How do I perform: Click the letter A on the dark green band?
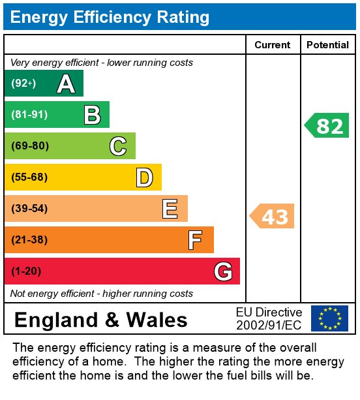pyautogui.click(x=66, y=84)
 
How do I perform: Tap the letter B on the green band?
pyautogui.click(x=92, y=115)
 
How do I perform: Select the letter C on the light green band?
pyautogui.click(x=118, y=146)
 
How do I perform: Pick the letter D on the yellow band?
pyautogui.click(x=144, y=177)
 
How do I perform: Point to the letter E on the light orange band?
pyautogui.click(x=170, y=209)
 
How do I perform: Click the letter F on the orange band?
pyautogui.click(x=195, y=240)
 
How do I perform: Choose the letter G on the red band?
pyautogui.click(x=223, y=271)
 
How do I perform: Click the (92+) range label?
pyautogui.click(x=23, y=84)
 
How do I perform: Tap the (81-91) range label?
pyautogui.click(x=29, y=115)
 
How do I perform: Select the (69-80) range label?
pyautogui.click(x=30, y=146)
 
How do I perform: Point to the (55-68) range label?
pyautogui.click(x=29, y=177)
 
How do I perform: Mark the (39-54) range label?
pyautogui.click(x=29, y=209)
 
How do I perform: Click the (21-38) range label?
pyautogui.click(x=29, y=240)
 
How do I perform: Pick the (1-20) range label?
pyautogui.click(x=25, y=271)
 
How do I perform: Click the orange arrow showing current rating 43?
pyautogui.click(x=273, y=216)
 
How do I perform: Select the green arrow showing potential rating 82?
pyautogui.click(x=327, y=125)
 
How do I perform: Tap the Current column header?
pyautogui.click(x=273, y=45)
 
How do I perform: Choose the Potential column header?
pyautogui.click(x=327, y=45)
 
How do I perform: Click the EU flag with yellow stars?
pyautogui.click(x=329, y=318)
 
